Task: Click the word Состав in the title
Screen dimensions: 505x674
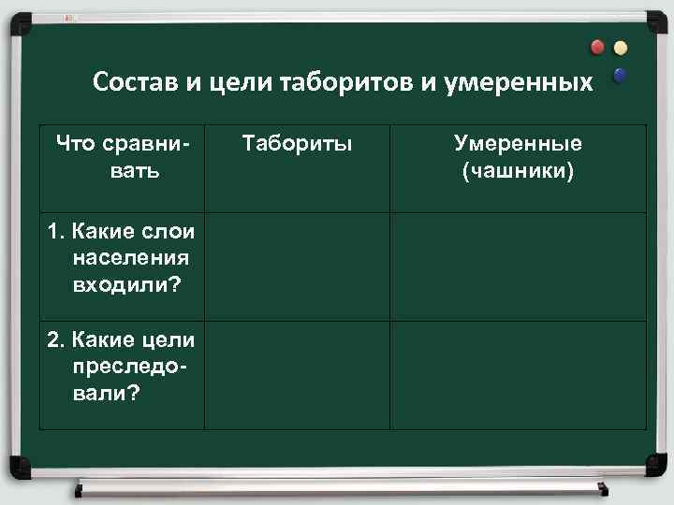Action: click(x=134, y=82)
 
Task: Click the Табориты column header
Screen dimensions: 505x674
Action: click(x=297, y=144)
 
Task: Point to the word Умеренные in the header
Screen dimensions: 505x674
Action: click(x=518, y=144)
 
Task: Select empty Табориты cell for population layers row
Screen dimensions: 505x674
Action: click(x=297, y=267)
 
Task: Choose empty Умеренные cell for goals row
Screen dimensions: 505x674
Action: click(x=518, y=375)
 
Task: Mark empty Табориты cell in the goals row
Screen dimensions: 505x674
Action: click(x=297, y=375)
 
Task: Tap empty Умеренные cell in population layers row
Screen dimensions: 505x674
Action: click(x=518, y=267)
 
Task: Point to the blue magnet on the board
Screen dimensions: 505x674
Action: click(x=619, y=75)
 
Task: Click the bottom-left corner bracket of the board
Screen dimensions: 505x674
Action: click(x=17, y=465)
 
